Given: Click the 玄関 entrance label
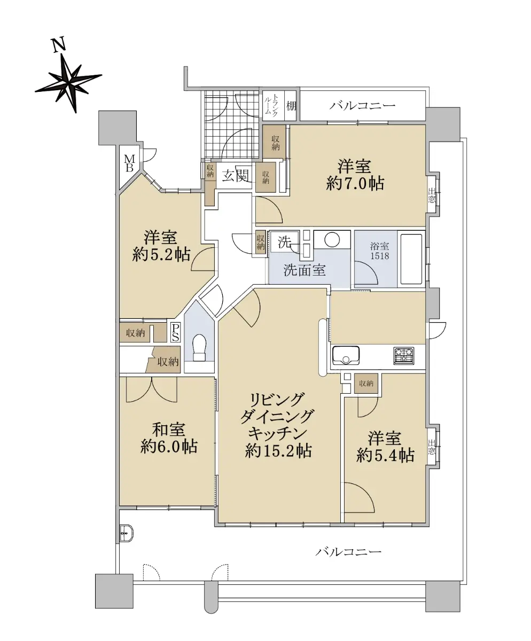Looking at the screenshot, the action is coord(235,176).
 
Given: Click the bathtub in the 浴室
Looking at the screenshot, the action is coord(411,260).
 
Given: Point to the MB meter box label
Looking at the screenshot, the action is coord(130,163).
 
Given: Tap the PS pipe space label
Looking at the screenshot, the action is coord(175,332).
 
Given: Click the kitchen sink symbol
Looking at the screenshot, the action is coord(346,355).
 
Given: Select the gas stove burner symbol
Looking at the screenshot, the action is coord(404,356).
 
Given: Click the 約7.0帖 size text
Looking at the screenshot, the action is coord(355,184).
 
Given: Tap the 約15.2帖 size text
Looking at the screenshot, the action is coord(278,451).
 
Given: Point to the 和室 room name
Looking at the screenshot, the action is coord(169,430).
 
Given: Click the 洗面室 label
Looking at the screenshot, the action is coord(304,270).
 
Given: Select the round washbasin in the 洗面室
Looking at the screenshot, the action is coord(332,239).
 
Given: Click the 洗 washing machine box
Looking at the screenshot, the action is coord(284,243).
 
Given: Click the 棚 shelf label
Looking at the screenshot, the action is coord(291,106).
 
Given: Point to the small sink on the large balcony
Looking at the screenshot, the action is coord(126,534).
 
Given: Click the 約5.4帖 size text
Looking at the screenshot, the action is coord(385,456).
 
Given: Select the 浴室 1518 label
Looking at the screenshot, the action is coord(380,251).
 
